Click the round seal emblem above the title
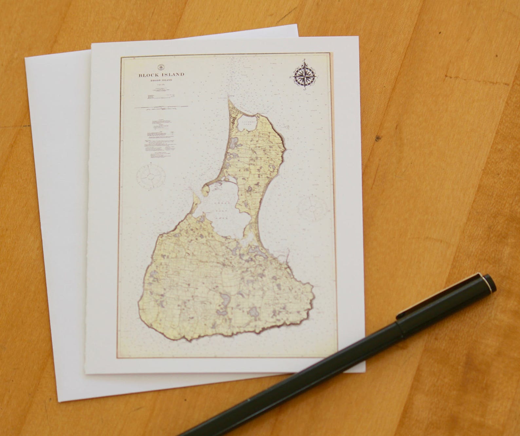(x=161, y=67)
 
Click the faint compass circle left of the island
(x=150, y=176)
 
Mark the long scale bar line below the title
(x=162, y=107)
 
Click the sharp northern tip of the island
(x=228, y=95)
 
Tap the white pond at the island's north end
(x=247, y=123)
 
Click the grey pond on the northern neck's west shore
(x=234, y=142)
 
